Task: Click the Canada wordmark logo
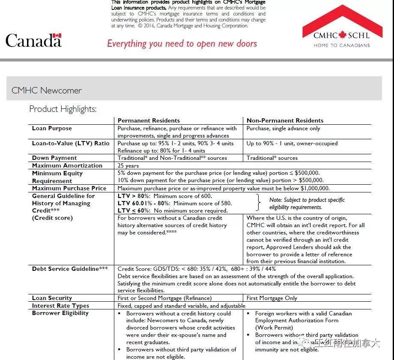(33, 41)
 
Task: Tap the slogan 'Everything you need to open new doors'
(182, 44)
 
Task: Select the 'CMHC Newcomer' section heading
(47, 90)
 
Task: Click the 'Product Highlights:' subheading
(63, 109)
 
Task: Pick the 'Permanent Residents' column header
(149, 120)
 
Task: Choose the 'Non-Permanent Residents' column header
(285, 120)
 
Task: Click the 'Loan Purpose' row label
(52, 129)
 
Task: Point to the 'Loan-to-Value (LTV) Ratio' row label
(71, 144)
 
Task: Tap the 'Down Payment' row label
(54, 158)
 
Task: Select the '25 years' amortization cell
(128, 165)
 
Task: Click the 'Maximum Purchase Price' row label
(69, 188)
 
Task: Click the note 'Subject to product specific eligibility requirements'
(307, 204)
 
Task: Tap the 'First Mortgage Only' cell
(272, 298)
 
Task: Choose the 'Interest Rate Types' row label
(60, 306)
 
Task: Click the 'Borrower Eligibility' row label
(60, 313)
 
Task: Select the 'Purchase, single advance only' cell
(283, 129)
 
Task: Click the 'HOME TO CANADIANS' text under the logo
(341, 45)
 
